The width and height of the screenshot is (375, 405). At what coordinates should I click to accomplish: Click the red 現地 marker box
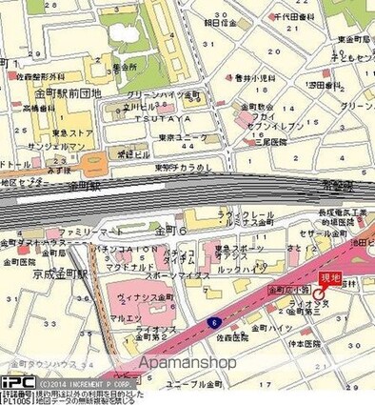[x=329, y=278]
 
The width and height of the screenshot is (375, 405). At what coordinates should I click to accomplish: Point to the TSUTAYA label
[x=168, y=119]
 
